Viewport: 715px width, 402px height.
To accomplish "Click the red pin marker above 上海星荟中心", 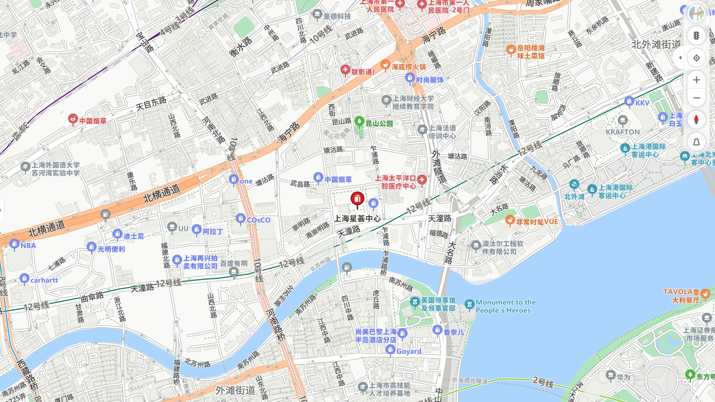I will tap(357, 200).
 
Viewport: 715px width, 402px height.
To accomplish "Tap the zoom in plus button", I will tap(696, 80).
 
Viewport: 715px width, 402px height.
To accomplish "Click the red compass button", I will tap(696, 120).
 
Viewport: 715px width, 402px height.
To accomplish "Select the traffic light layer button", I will tap(696, 35).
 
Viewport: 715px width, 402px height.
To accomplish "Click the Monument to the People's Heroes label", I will tap(505, 306).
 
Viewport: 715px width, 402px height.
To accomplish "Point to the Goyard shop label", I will tap(409, 351).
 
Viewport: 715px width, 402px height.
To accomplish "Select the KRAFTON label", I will tap(623, 132).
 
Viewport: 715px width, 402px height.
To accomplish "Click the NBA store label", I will tap(28, 246).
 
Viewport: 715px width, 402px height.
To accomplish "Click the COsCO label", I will tap(258, 220).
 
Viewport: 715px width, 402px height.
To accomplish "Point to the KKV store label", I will tap(642, 103).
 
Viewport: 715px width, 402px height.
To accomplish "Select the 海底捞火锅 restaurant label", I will tap(408, 66).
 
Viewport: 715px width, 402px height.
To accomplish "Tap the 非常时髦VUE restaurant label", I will tap(537, 221).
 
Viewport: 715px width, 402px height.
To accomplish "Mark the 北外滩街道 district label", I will tap(656, 44).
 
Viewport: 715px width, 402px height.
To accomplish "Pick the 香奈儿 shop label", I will tap(454, 332).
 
